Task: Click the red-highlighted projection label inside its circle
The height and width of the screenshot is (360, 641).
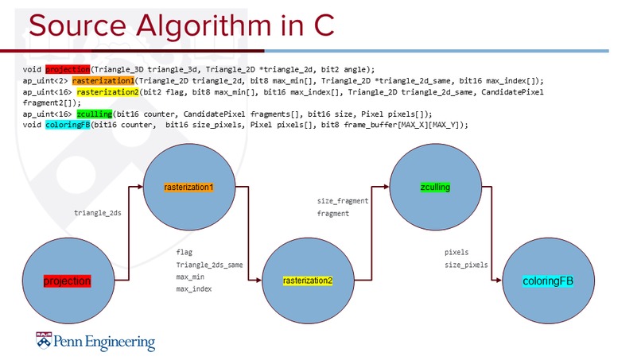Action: point(67,281)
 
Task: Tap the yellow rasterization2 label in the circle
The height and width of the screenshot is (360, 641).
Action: point(308,281)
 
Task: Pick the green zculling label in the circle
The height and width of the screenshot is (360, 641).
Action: point(435,188)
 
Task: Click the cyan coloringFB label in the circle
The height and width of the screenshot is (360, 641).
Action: point(548,281)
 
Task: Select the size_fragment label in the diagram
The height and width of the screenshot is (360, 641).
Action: point(343,201)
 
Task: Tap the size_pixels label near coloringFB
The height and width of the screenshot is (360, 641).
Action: point(466,265)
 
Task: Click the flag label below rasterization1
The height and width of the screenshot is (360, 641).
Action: point(185,252)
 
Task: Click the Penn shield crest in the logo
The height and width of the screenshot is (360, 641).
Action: point(42,342)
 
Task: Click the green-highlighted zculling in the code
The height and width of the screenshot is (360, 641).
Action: point(95,114)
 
